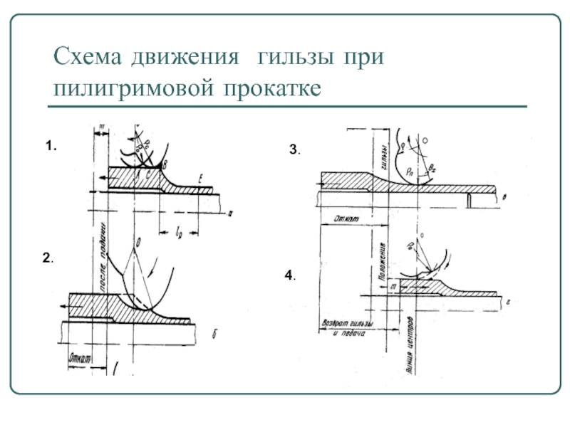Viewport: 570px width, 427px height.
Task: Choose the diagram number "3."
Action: coord(294,150)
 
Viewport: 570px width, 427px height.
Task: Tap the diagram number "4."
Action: coord(290,275)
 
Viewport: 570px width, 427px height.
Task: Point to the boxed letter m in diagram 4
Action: coord(392,286)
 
